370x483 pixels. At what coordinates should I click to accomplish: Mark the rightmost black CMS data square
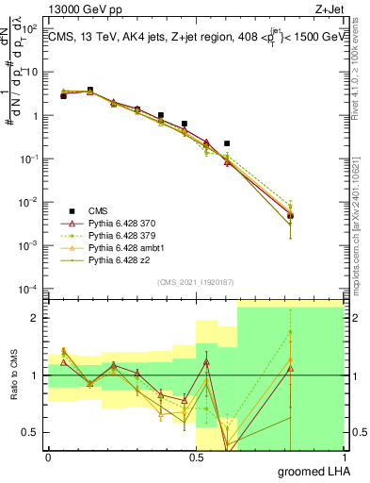291,215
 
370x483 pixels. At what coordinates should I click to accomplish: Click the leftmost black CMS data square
63,95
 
